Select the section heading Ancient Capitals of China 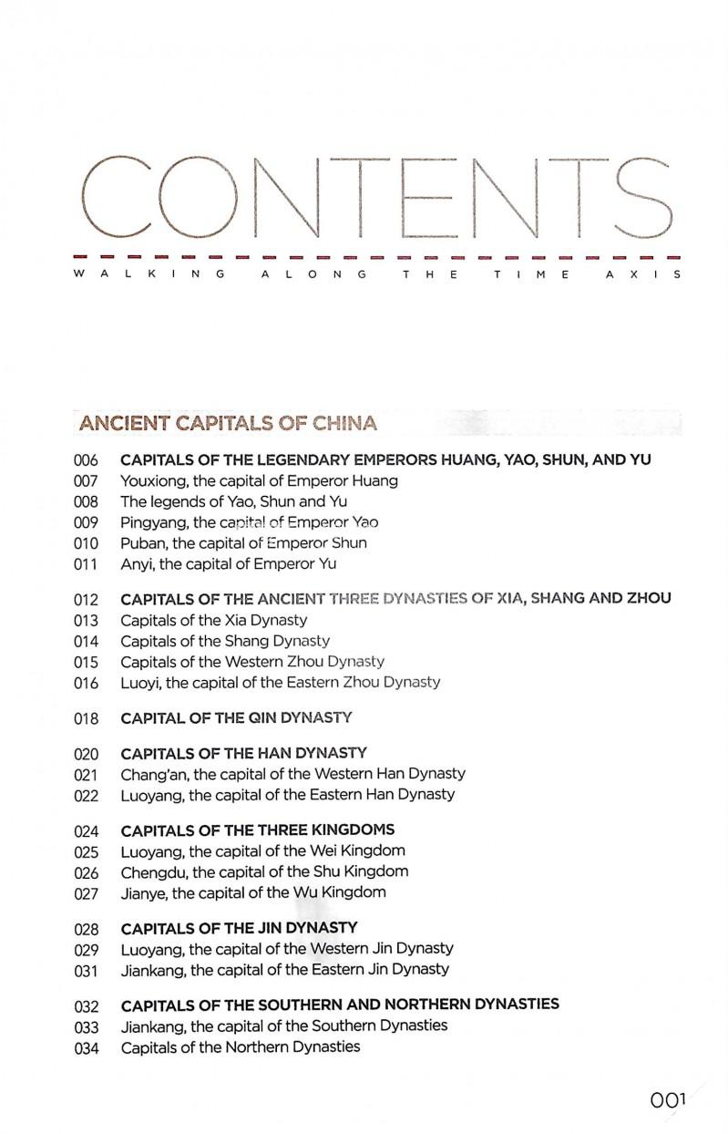tap(228, 423)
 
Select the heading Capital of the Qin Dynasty tap(236, 718)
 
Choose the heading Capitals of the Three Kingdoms tap(258, 830)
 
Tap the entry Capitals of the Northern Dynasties tap(241, 1047)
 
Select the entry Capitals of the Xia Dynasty tap(214, 620)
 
